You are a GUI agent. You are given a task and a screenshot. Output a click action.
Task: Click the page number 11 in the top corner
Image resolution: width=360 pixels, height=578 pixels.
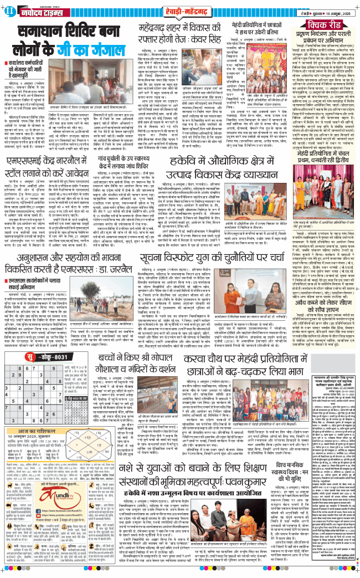(x=8, y=10)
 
